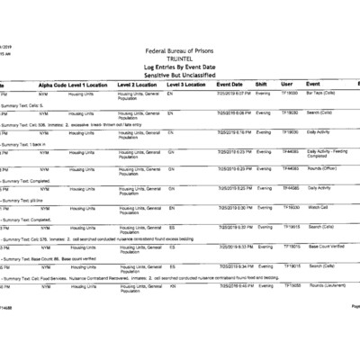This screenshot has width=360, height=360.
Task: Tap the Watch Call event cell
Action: coord(319,208)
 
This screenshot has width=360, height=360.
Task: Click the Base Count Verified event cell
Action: coord(326,246)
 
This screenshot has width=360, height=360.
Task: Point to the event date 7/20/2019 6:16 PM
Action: coord(233,131)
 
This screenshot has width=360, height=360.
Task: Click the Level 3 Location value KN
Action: coord(172,285)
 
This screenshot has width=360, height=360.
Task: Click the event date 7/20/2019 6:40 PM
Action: coord(233,285)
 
